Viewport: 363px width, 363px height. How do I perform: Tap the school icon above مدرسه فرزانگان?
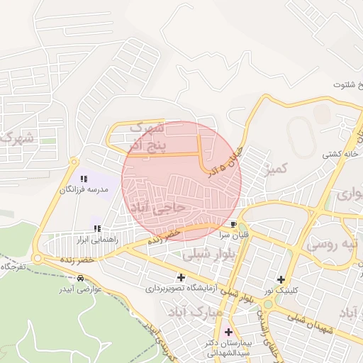pyautogui.click(x=84, y=179)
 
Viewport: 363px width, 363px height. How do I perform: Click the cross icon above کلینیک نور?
pyautogui.click(x=282, y=279)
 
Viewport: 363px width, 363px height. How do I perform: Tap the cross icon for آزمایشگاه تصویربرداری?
pyautogui.click(x=181, y=277)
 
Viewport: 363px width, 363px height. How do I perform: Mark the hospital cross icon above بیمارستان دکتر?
pyautogui.click(x=228, y=331)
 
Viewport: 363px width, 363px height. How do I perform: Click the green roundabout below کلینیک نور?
pyautogui.click(x=270, y=306)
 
